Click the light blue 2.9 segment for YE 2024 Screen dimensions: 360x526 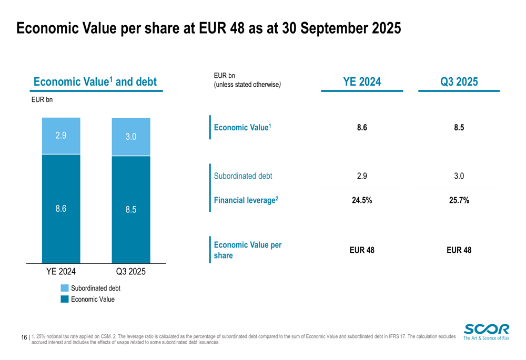pos(61,136)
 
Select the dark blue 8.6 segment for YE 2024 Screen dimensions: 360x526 pos(61,209)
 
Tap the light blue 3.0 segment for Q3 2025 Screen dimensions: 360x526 pos(131,137)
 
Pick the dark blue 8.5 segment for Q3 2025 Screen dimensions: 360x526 pos(131,210)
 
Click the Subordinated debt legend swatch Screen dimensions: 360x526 pos(65,288)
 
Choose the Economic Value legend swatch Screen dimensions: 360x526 pos(65,299)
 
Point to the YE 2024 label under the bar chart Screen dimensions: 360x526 pos(61,272)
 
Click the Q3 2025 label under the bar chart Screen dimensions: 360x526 pos(131,272)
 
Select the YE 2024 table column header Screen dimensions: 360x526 pos(362,81)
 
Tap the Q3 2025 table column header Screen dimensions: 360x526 pos(459,81)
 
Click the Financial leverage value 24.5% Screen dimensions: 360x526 pos(362,200)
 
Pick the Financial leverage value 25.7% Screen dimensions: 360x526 pos(459,200)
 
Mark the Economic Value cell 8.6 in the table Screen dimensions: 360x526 pos(362,127)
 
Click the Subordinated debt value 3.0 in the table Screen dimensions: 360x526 pos(459,176)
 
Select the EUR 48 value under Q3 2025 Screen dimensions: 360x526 pos(459,250)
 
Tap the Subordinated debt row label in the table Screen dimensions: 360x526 pos(243,176)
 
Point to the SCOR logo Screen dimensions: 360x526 pos(486,332)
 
